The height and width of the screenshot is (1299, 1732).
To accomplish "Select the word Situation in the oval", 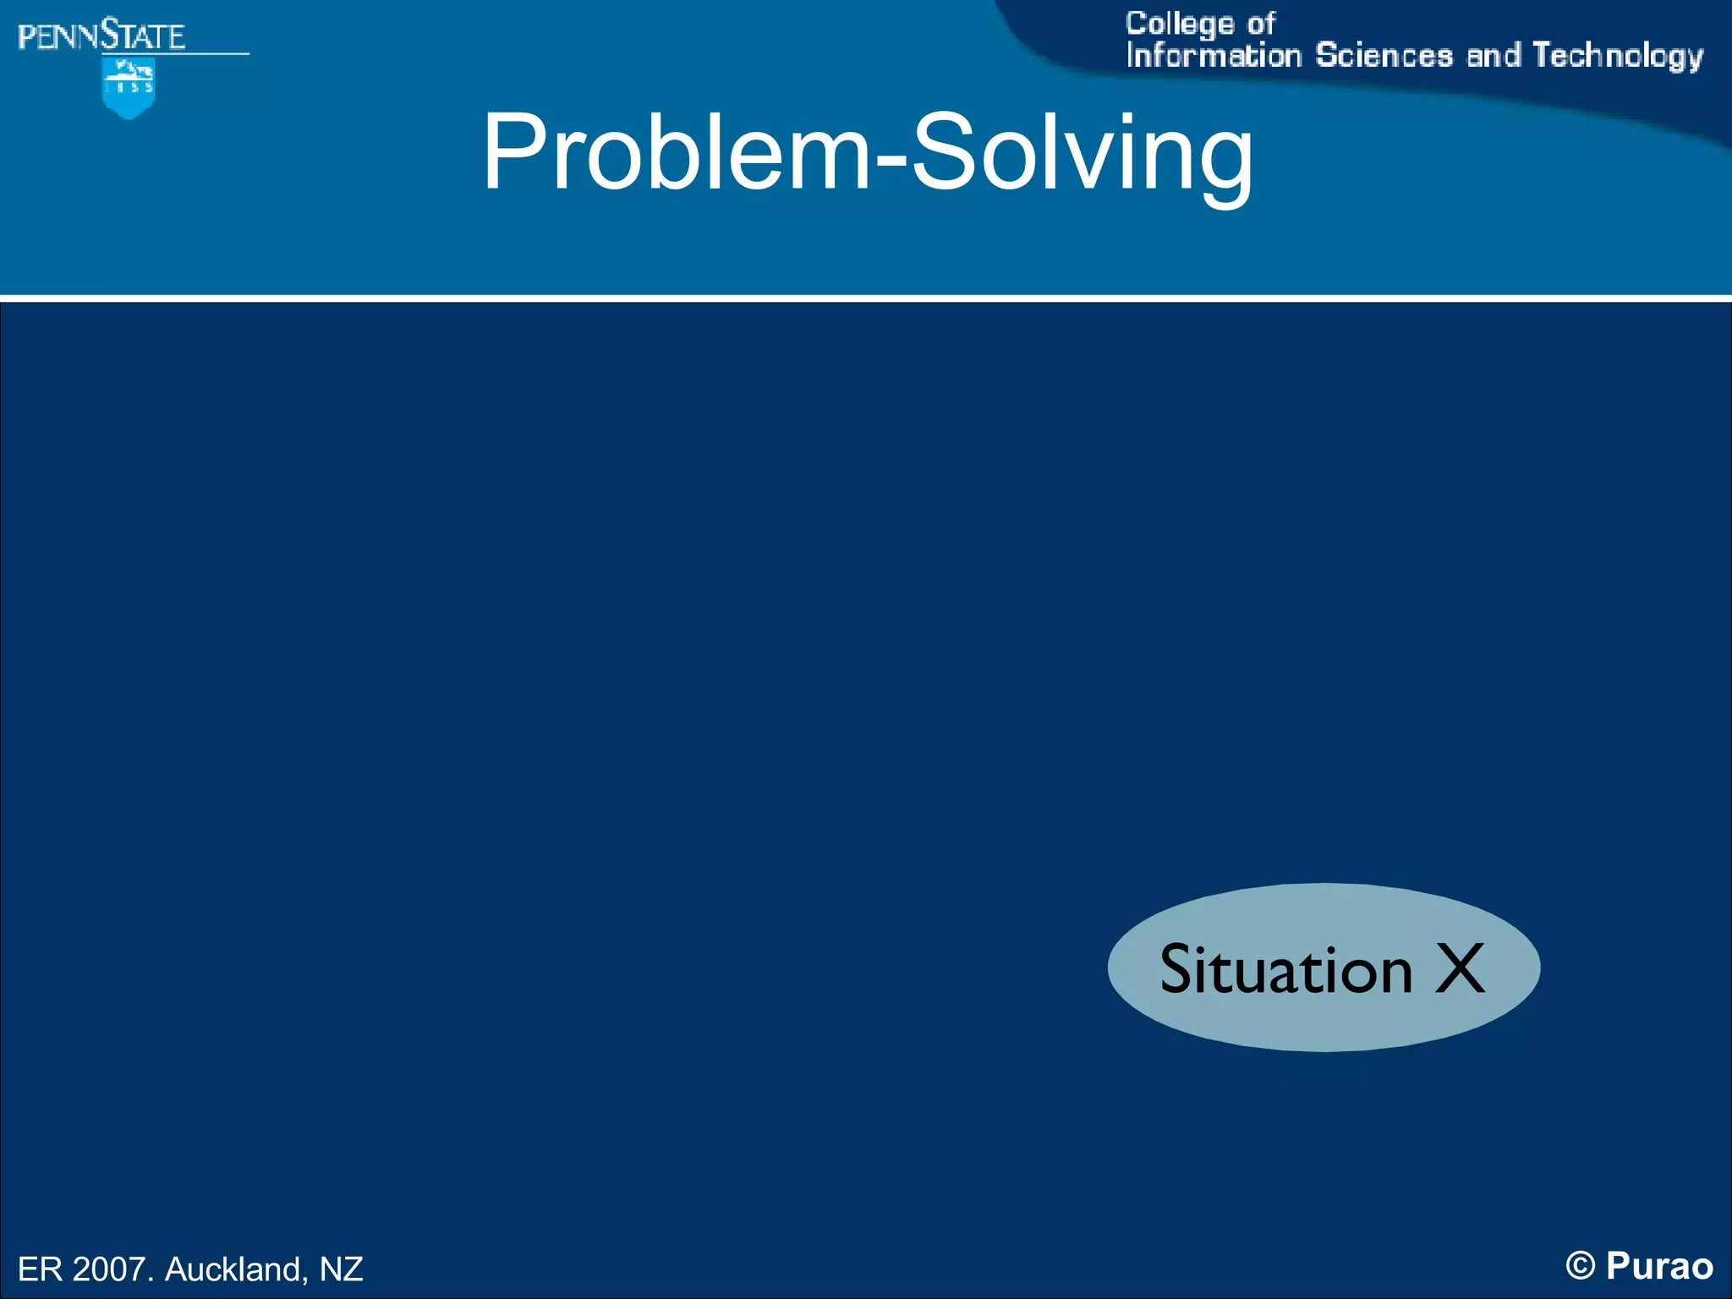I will click(x=1285, y=969).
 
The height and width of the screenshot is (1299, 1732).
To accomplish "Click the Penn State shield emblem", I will click(x=129, y=88).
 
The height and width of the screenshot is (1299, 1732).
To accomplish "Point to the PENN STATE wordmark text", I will click(x=101, y=36).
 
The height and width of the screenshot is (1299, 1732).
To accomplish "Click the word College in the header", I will click(x=1179, y=24).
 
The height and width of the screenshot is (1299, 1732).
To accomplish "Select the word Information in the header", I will click(x=1214, y=56).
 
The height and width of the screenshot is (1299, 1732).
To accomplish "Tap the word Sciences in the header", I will click(x=1384, y=56).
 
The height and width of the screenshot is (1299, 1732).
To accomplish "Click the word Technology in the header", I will click(x=1617, y=56).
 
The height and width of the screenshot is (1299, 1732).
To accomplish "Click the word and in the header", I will click(x=1493, y=56).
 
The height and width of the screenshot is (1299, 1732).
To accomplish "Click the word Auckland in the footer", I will click(x=233, y=1269).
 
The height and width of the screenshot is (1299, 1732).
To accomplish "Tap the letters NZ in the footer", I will click(x=341, y=1269).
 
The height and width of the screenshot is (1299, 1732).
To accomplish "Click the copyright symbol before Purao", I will click(x=1580, y=1267).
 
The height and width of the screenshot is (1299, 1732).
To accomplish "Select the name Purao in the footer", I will click(x=1659, y=1266).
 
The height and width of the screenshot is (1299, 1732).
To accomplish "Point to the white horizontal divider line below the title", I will click(x=866, y=298).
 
